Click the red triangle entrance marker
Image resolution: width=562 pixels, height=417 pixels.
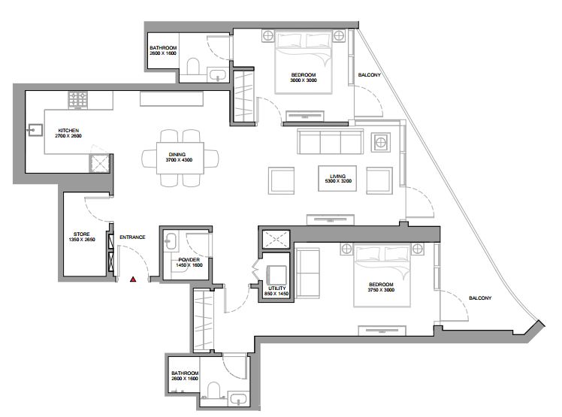pos(133,279)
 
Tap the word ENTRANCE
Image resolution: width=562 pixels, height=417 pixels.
pos(132,237)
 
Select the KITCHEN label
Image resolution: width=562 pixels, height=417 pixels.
pos(68,131)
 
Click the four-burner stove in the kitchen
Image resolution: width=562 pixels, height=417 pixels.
pos(78,100)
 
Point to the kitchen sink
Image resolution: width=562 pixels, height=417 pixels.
pos(35,130)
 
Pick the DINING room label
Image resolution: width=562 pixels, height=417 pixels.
pos(177,155)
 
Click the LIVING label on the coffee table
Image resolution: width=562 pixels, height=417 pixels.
pos(337,176)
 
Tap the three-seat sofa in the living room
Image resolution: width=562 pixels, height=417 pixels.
pos(330,142)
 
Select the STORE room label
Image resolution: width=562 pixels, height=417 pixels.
pos(82,234)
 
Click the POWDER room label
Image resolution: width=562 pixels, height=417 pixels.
pos(189,260)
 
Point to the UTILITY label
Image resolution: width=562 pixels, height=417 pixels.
pos(276,289)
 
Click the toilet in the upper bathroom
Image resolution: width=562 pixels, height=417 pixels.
pos(193,67)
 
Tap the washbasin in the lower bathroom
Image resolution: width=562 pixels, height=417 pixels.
pos(238,400)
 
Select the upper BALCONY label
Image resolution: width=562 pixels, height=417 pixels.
pos(369,75)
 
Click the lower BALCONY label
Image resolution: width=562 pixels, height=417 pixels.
pos(480,298)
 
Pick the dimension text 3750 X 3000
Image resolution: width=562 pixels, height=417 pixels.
pos(381,290)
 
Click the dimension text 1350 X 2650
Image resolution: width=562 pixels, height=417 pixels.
pos(82,240)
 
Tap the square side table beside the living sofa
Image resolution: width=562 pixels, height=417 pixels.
pos(381,143)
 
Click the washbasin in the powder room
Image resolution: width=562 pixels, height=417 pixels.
pos(171,241)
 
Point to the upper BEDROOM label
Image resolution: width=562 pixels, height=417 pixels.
pos(304,75)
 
